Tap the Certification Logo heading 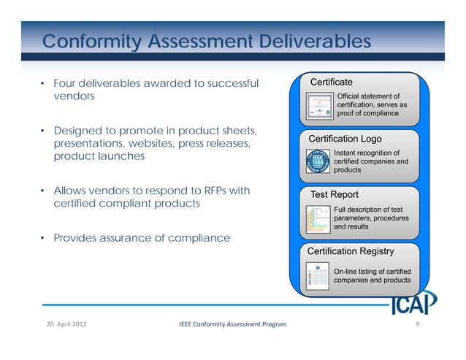(x=345, y=139)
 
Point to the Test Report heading (x=335, y=195)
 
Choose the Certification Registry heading (x=351, y=251)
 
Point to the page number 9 (x=417, y=323)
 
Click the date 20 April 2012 (x=64, y=323)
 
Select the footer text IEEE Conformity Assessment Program (x=232, y=323)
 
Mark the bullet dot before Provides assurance (x=43, y=239)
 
